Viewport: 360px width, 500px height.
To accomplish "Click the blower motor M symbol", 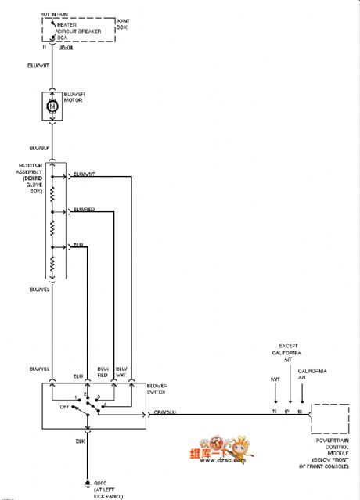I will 52,105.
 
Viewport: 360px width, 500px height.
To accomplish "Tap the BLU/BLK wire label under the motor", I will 39,148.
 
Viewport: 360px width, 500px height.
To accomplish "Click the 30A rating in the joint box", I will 62,37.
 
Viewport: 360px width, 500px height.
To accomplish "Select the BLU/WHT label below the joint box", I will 39,66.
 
